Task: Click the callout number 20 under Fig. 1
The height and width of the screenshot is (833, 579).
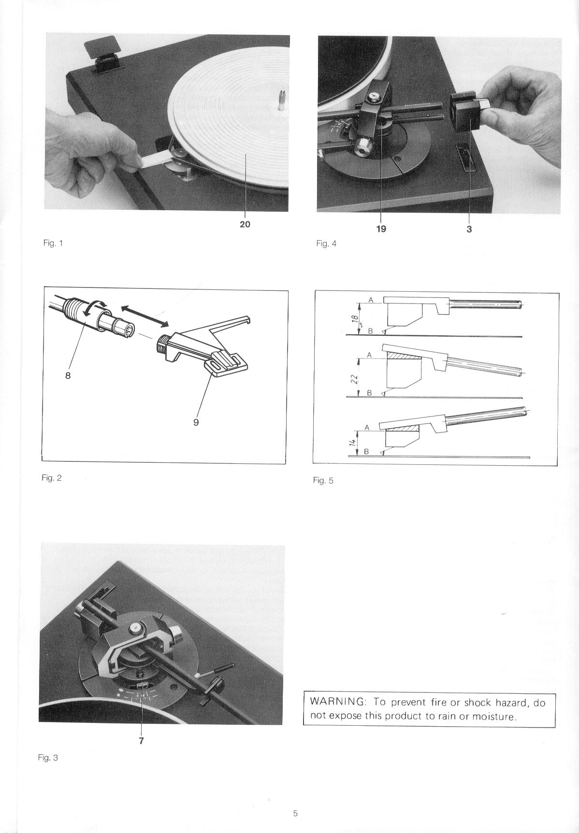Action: click(245, 224)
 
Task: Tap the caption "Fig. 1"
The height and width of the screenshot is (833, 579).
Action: click(53, 243)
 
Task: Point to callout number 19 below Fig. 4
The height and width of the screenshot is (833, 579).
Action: click(381, 229)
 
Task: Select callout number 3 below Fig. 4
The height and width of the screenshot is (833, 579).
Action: click(469, 229)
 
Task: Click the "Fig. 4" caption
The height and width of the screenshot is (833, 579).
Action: click(326, 244)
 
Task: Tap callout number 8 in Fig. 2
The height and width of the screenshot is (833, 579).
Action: click(68, 375)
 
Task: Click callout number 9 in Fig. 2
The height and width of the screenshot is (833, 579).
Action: click(196, 422)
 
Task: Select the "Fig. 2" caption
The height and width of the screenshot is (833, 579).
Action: click(52, 478)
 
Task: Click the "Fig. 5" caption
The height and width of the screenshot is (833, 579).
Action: click(323, 480)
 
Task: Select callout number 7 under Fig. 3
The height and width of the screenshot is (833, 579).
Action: click(141, 740)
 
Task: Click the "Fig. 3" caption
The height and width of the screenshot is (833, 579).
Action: click(48, 758)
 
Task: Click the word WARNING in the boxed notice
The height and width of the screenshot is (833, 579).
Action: click(337, 702)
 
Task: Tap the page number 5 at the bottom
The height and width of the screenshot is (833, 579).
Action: click(295, 813)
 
